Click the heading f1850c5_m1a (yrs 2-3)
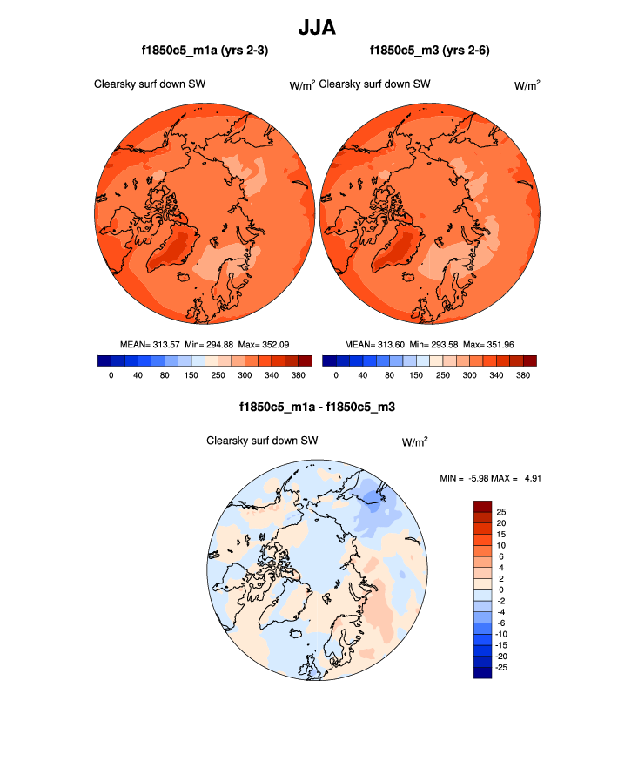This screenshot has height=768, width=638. tap(205, 51)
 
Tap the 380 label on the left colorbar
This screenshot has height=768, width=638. tap(298, 375)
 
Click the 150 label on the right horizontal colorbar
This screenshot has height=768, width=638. tap(416, 375)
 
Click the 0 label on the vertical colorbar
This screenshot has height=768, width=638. tap(500, 589)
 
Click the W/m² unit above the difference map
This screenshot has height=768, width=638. tap(414, 442)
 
